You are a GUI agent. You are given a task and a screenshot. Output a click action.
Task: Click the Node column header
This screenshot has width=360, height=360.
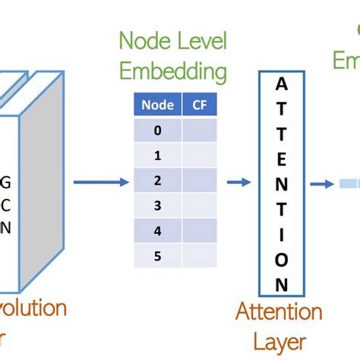coord(157,106)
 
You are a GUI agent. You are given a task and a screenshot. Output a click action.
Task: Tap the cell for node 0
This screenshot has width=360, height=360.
coord(157,131)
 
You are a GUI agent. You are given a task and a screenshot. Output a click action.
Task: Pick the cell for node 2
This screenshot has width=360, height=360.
coord(157,181)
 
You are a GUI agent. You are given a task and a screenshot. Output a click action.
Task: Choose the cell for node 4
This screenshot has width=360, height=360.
coord(157,230)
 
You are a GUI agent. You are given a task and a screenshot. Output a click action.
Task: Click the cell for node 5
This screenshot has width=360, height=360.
coord(157,255)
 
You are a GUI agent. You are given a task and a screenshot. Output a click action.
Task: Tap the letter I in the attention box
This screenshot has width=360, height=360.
coord(282,236)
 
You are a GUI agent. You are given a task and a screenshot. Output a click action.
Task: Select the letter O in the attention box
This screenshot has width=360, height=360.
coord(282,261)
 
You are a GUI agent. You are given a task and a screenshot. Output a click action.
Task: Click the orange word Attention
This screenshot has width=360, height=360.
coord(279,311)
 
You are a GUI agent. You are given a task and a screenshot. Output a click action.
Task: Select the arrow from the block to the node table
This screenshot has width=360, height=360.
coord(100,182)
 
